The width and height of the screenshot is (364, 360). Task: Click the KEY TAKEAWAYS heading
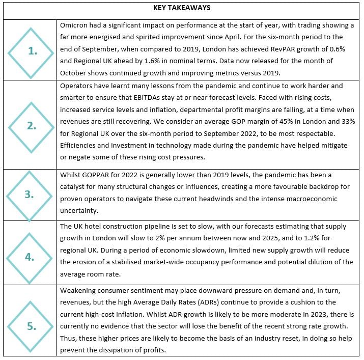(x=182, y=8)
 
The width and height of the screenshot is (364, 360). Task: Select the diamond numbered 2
(x=31, y=126)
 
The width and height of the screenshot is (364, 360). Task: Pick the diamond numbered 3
(x=31, y=195)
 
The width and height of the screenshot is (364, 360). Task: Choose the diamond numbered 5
(x=31, y=326)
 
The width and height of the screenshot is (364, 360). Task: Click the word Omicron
(x=76, y=25)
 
